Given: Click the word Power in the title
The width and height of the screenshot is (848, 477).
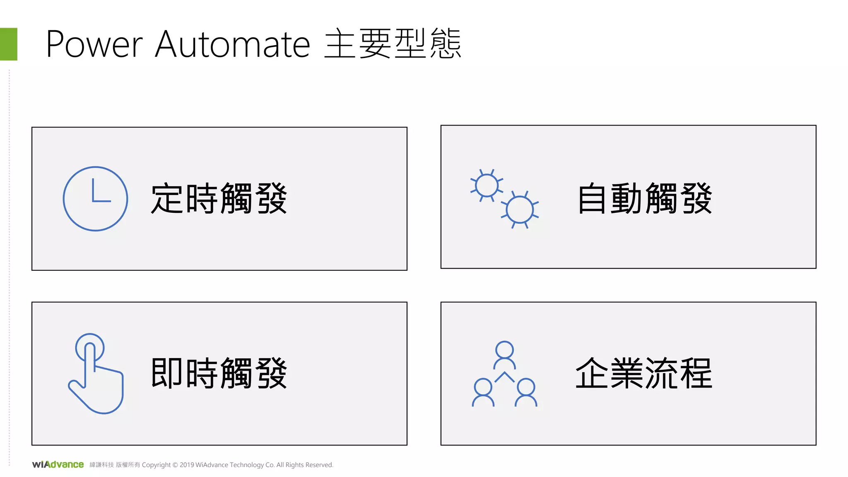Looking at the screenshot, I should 94,44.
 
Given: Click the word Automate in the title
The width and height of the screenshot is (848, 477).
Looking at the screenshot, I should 232,44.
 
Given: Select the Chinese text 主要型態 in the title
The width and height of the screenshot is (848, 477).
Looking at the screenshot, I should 393,43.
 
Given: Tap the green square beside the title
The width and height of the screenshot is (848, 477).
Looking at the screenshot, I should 8,44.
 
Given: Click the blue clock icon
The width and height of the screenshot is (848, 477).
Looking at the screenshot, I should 95,199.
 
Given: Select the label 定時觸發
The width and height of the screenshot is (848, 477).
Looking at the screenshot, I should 219,199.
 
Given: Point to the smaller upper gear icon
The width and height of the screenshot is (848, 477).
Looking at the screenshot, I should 487,185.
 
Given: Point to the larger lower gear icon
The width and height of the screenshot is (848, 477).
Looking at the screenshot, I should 520,210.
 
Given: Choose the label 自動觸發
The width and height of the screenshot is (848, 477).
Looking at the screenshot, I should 645,199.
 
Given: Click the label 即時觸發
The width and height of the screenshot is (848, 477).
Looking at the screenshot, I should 219,373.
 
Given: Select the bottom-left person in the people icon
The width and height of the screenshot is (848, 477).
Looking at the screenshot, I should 483,392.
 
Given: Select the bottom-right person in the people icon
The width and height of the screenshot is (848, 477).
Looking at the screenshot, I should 526,392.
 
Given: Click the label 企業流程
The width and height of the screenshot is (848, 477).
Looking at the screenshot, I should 644,373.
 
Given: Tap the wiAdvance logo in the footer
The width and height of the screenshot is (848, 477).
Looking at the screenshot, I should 58,465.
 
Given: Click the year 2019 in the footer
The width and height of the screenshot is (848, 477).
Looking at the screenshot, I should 186,465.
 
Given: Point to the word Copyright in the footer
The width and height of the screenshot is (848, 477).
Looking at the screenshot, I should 156,465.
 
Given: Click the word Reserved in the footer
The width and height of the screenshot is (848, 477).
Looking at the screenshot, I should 319,465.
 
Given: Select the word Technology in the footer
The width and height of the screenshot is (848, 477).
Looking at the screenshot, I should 247,465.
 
